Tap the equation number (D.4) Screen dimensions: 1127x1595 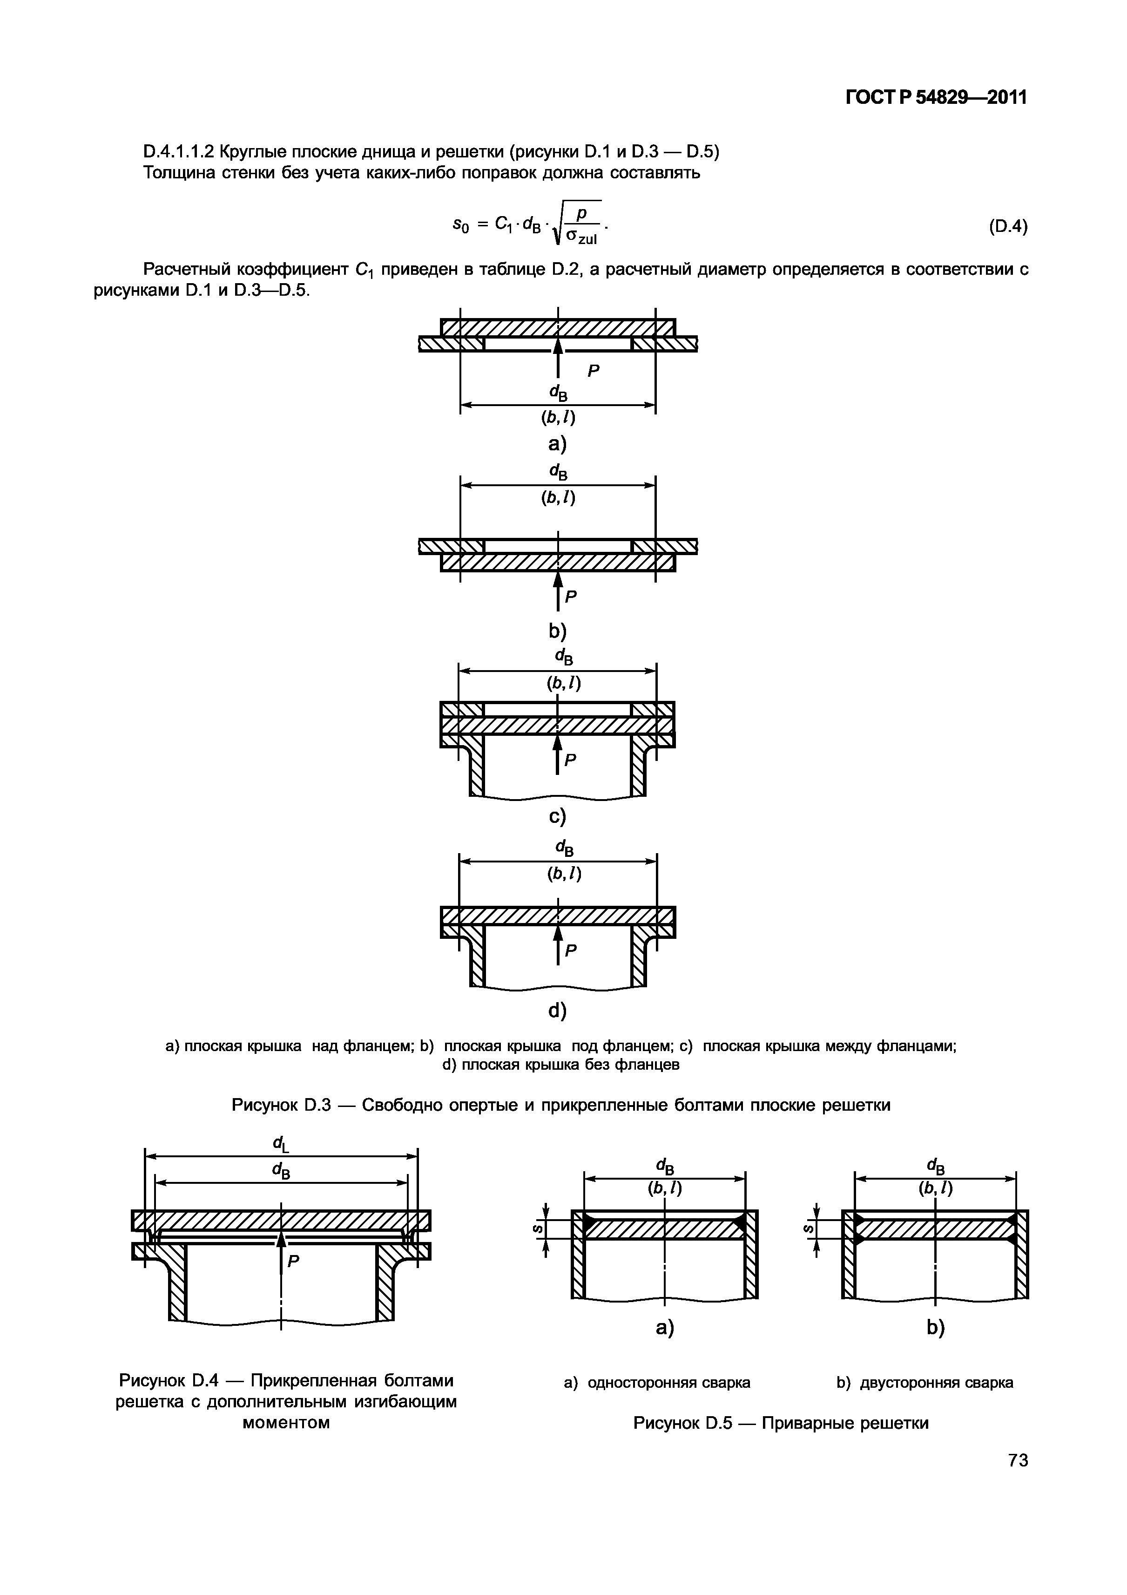[1007, 227]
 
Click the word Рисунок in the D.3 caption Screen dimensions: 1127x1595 [264, 1105]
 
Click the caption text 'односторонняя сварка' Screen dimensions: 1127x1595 [668, 1383]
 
